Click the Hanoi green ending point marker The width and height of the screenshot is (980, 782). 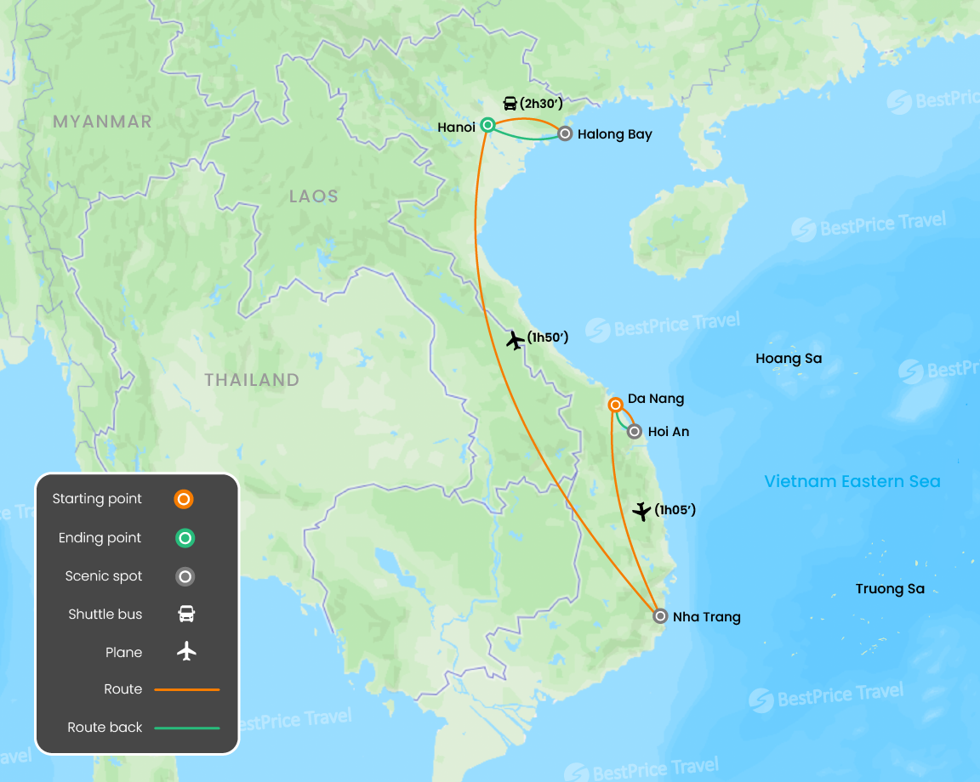pyautogui.click(x=487, y=125)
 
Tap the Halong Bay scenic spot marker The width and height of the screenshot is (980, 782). pyautogui.click(x=565, y=133)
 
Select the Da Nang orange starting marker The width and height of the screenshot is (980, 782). pyautogui.click(x=615, y=405)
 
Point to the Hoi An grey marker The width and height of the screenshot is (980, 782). pyautogui.click(x=635, y=432)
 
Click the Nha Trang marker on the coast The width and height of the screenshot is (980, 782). pyautogui.click(x=660, y=616)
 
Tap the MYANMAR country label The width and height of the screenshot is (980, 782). pyautogui.click(x=102, y=122)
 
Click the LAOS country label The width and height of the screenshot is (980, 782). pyautogui.click(x=313, y=196)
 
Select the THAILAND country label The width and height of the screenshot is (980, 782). pyautogui.click(x=252, y=380)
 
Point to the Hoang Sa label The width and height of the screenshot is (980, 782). pyautogui.click(x=789, y=359)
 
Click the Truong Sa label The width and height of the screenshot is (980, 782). pyautogui.click(x=890, y=589)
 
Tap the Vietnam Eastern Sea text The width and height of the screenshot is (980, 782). pyautogui.click(x=852, y=482)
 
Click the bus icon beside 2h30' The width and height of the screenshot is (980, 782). pyautogui.click(x=510, y=104)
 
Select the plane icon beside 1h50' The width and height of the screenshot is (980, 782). pyautogui.click(x=515, y=340)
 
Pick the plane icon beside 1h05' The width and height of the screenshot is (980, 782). pyautogui.click(x=642, y=511)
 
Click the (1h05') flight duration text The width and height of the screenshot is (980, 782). pyautogui.click(x=675, y=510)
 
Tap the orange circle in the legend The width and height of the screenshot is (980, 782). pyautogui.click(x=184, y=499)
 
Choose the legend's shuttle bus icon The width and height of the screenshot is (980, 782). pyautogui.click(x=186, y=614)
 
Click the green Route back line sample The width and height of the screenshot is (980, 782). pyautogui.click(x=186, y=728)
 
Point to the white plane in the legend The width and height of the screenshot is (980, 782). pyautogui.click(x=186, y=652)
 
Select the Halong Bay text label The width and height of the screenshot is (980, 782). pyautogui.click(x=614, y=134)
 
